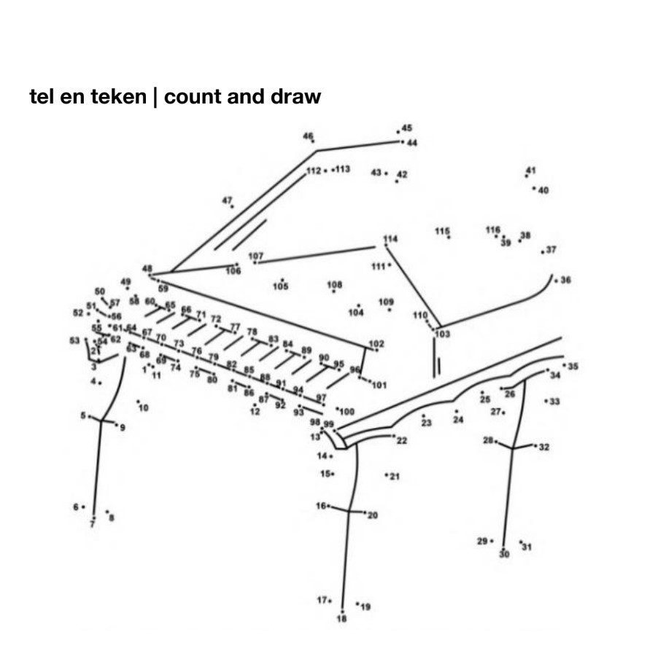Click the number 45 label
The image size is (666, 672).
tap(406, 128)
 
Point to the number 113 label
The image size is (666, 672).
tap(342, 169)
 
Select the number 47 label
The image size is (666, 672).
tap(227, 200)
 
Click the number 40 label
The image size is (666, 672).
tap(543, 190)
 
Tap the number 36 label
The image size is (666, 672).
tap(566, 280)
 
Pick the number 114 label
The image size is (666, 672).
tap(391, 239)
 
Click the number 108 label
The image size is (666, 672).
tap(335, 284)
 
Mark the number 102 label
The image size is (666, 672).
tap(376, 343)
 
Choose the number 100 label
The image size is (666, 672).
tap(346, 412)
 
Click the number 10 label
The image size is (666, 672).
tap(143, 407)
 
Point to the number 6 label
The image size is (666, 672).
tap(75, 507)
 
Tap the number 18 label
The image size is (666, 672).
tap(342, 620)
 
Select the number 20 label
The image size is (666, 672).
tap(373, 515)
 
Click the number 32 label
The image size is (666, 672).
tap(544, 447)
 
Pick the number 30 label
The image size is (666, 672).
tap(504, 555)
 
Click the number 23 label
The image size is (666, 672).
tap(426, 423)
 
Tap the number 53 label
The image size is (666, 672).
tap(74, 340)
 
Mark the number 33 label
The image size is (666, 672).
tap(555, 402)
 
